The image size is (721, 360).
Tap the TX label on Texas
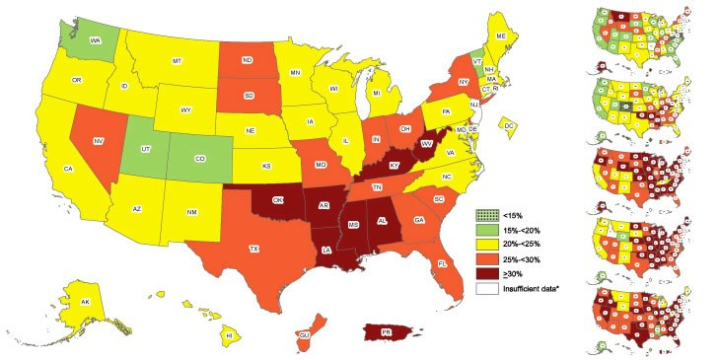coord(254,249)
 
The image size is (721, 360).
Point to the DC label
coord(509,126)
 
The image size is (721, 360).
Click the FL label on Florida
coord(442,264)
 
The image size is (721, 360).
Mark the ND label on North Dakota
coord(247,57)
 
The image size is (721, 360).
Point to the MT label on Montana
coord(177,61)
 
